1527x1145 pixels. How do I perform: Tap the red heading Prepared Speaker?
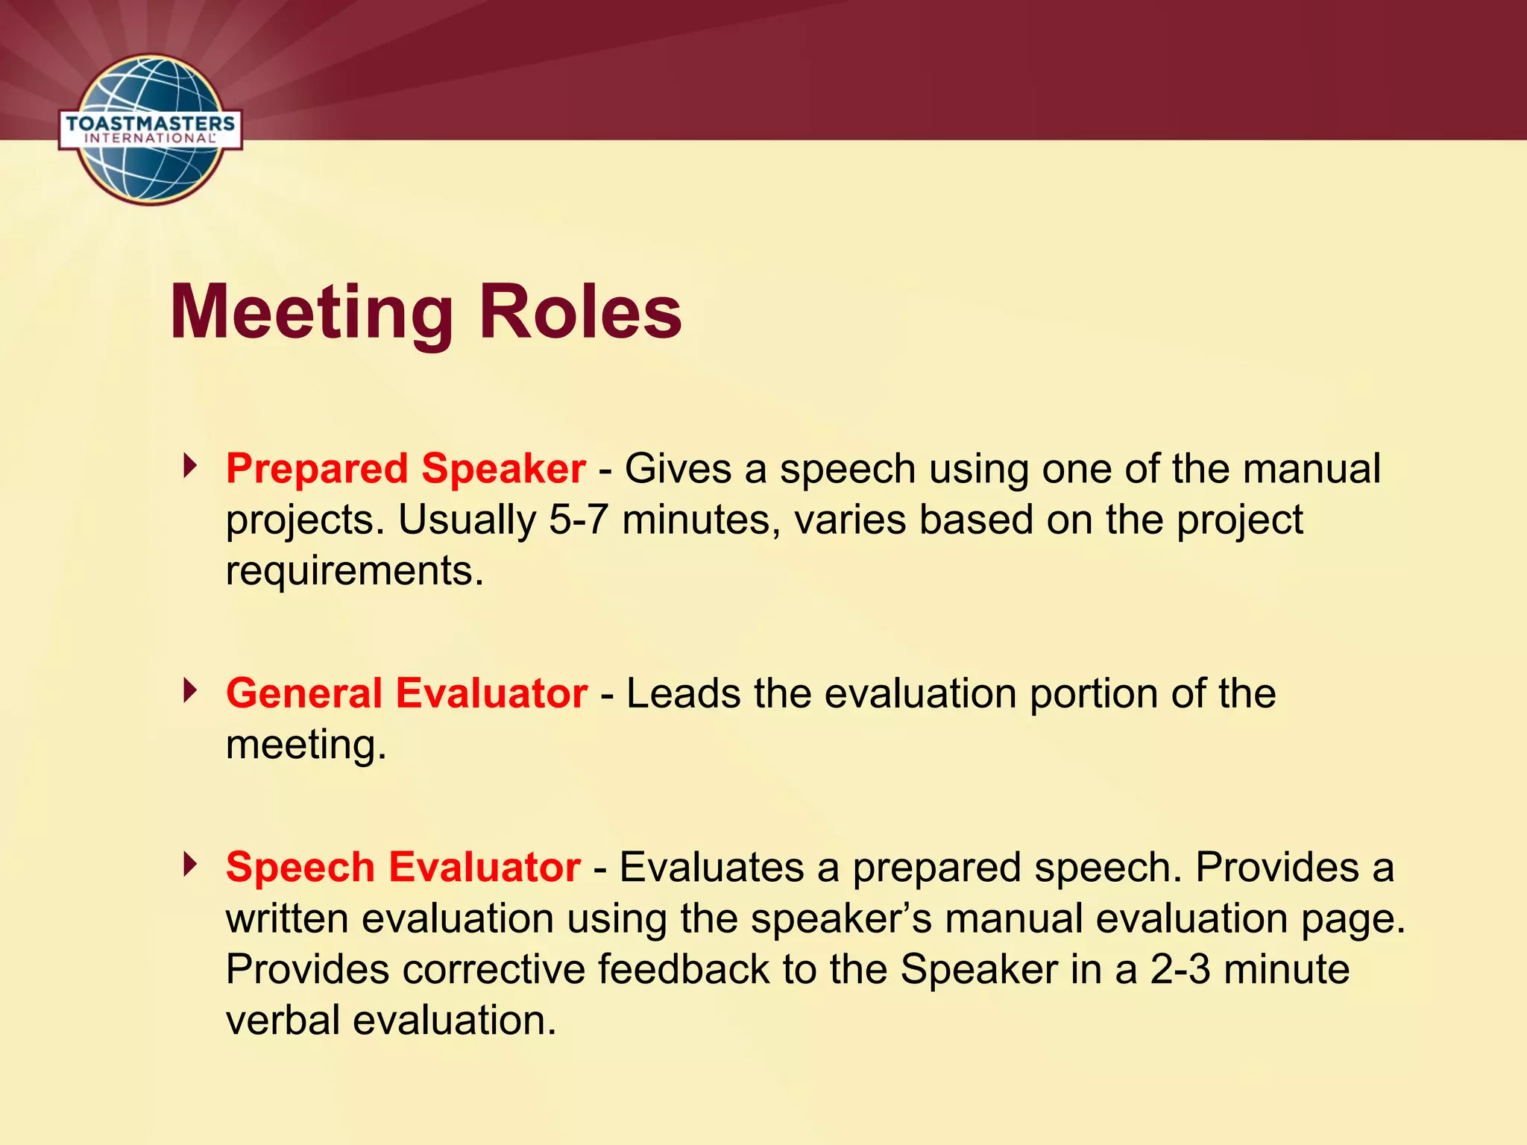406,469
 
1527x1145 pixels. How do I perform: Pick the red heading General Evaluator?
406,693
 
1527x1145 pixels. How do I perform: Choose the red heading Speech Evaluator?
403,868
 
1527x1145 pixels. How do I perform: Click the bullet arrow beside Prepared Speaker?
191,467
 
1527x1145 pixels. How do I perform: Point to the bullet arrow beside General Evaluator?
191,691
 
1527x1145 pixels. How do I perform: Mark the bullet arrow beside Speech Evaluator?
191,865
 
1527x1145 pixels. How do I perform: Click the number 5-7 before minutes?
578,520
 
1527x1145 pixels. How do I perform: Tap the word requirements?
354,571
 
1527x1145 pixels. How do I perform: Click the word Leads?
683,693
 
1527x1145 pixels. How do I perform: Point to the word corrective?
493,969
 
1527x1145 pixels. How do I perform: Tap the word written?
287,918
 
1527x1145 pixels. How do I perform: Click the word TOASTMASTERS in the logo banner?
150,123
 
